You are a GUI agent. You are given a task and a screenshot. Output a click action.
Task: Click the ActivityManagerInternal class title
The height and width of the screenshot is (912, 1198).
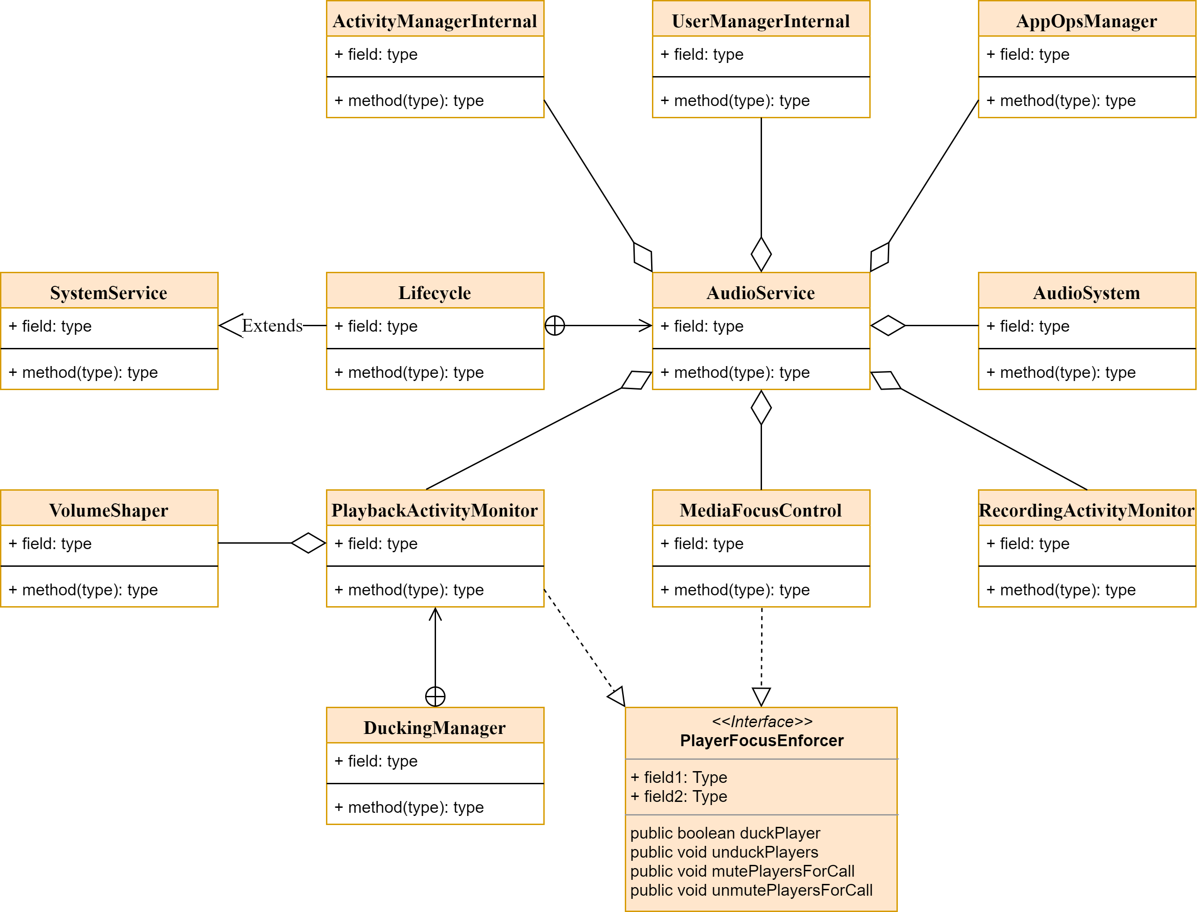[x=435, y=21]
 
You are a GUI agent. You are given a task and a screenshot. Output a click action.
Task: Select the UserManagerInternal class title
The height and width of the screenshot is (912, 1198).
[x=761, y=21]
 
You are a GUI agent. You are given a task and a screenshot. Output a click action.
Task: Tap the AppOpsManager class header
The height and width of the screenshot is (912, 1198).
[x=1086, y=21]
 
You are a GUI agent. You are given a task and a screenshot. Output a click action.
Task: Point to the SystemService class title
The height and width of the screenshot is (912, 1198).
[x=109, y=293]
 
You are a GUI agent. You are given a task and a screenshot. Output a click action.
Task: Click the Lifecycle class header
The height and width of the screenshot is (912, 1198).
[x=435, y=293]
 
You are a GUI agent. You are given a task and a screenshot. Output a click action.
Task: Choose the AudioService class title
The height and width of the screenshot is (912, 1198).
[x=761, y=293]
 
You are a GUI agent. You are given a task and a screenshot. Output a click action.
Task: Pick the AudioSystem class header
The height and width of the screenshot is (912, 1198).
[x=1086, y=293]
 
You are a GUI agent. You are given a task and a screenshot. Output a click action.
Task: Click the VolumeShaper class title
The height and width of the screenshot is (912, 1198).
[x=109, y=510]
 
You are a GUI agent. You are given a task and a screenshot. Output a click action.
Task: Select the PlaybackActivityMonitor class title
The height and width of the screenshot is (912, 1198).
[x=435, y=510]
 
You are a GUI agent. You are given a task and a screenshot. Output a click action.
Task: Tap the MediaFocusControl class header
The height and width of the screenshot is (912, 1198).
[x=761, y=510]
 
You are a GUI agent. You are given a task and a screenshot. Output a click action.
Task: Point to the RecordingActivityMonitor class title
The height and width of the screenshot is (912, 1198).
[x=1086, y=510]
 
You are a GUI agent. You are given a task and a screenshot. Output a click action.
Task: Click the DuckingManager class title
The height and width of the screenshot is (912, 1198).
[x=435, y=728]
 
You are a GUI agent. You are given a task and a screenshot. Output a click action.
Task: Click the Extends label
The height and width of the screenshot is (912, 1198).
[x=272, y=326]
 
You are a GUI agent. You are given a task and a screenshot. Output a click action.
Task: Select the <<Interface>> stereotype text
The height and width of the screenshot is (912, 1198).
[x=762, y=721]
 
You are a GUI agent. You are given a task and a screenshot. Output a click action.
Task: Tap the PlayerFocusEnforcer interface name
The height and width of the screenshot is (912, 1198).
[x=762, y=740]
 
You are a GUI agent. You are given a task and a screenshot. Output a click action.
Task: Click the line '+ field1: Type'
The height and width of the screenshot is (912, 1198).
[x=678, y=777]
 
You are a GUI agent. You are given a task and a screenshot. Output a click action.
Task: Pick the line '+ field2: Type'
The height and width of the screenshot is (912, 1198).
[x=678, y=796]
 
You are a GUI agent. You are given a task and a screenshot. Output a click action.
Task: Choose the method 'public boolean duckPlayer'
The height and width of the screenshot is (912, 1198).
[x=725, y=833]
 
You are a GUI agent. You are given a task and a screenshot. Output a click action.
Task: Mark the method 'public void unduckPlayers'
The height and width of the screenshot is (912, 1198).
[x=724, y=852]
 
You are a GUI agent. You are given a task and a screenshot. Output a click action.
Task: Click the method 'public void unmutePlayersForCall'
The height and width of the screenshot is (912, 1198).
[x=751, y=890]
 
